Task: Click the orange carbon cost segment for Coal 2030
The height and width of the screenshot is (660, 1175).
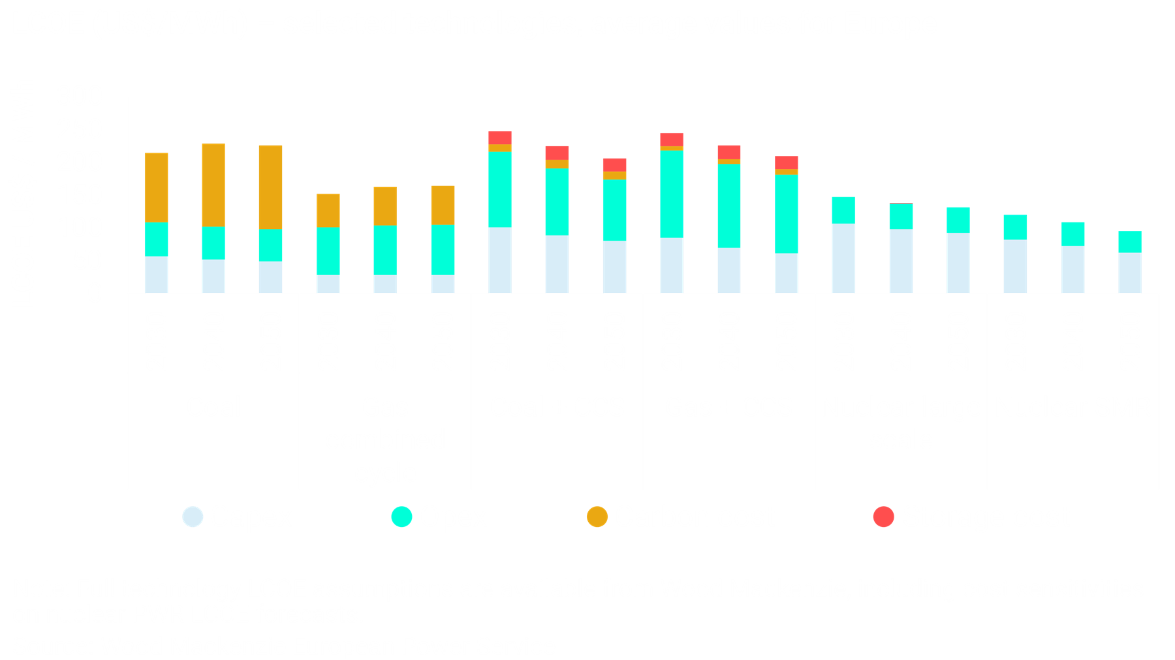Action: (156, 187)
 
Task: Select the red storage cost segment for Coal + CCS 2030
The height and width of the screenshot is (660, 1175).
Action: (500, 138)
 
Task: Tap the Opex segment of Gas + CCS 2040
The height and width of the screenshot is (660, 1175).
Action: (729, 205)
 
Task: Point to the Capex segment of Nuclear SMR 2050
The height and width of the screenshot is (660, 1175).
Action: (1130, 273)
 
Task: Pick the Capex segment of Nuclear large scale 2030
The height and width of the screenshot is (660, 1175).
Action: (843, 258)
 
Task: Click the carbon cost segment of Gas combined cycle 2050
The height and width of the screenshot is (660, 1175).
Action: (443, 205)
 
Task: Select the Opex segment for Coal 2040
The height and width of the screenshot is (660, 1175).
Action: (213, 243)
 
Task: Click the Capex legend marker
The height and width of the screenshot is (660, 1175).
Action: (193, 517)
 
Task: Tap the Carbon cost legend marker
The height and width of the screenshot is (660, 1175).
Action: (597, 517)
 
